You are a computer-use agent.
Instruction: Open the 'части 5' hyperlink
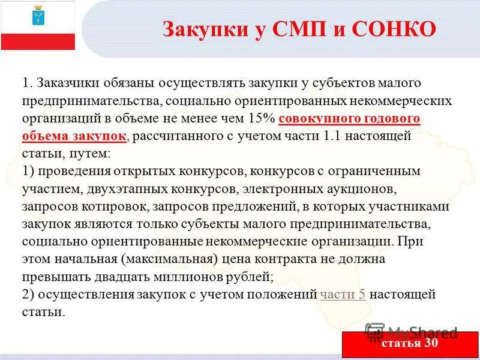click(x=344, y=295)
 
